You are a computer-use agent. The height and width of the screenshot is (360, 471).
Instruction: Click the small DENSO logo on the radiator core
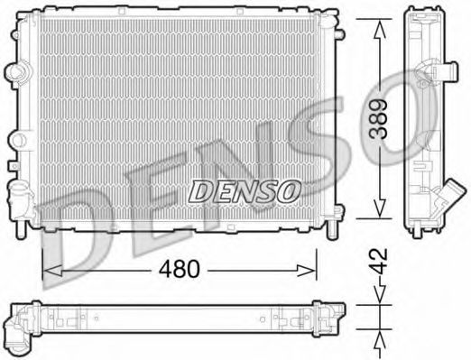pos(244,190)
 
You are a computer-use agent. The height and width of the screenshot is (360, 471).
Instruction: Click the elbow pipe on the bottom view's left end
pos(19,332)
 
